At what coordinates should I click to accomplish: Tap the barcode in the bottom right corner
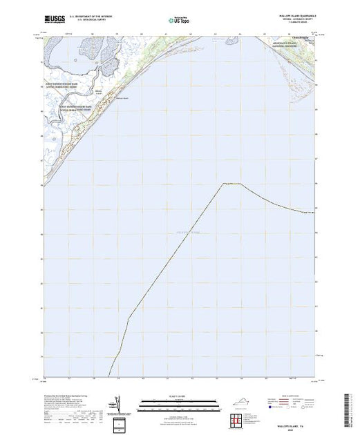(349, 407)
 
